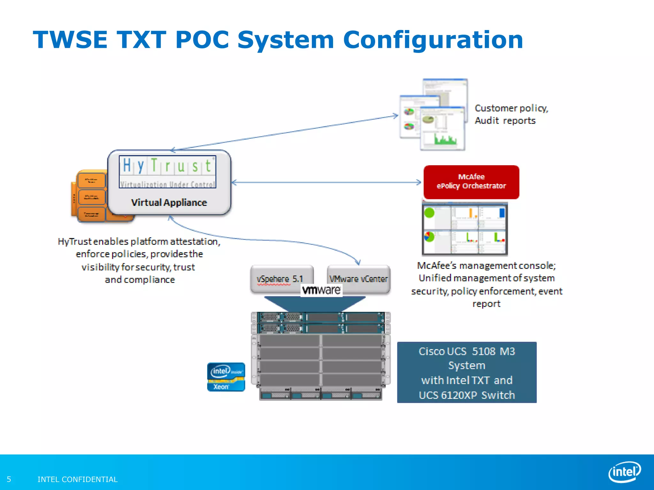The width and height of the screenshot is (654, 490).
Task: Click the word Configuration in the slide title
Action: click(433, 40)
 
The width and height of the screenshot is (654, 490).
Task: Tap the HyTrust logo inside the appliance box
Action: click(167, 172)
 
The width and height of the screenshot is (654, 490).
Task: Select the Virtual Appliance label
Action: click(169, 203)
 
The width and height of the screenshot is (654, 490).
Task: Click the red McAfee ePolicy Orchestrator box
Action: click(471, 182)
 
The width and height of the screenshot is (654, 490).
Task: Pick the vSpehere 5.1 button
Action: click(281, 278)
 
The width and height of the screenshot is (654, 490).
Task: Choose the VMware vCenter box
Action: click(358, 278)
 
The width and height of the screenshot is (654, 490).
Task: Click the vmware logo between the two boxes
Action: click(321, 290)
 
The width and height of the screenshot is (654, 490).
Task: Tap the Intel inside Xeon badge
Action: click(226, 377)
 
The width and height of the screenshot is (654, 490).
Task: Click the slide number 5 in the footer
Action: click(9, 479)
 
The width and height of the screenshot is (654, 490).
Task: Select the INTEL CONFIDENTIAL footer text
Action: click(78, 479)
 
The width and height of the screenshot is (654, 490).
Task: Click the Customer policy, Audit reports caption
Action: click(511, 114)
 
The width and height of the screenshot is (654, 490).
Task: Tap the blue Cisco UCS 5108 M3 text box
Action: click(467, 372)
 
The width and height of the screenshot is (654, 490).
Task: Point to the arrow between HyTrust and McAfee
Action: click(326, 182)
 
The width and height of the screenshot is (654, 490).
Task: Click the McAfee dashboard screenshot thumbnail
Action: click(465, 229)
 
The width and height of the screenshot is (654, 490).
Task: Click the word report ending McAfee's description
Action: click(486, 304)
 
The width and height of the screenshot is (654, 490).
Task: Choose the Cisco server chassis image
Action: click(321, 356)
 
